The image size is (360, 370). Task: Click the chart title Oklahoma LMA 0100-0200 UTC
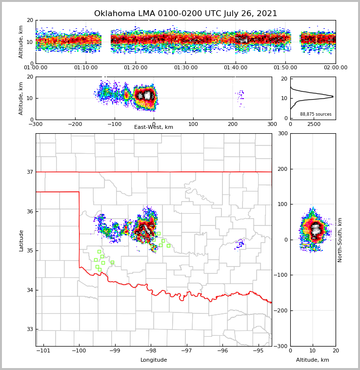click(x=185, y=14)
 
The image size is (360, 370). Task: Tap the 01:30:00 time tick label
click(x=185, y=68)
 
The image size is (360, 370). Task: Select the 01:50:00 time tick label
click(x=285, y=68)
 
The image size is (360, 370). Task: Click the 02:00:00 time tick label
click(x=335, y=68)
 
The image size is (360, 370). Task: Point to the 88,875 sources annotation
click(x=316, y=114)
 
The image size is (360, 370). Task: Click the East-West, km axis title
click(x=154, y=127)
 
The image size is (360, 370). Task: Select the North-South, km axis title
click(x=340, y=240)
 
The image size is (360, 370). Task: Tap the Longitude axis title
click(x=154, y=360)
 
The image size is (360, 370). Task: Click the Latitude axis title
click(x=21, y=240)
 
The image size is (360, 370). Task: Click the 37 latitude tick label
click(x=29, y=172)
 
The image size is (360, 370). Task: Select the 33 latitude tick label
click(x=29, y=329)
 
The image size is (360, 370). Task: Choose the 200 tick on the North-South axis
click(x=281, y=169)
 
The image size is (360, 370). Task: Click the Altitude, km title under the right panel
click(x=313, y=360)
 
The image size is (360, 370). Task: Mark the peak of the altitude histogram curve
click(x=333, y=96)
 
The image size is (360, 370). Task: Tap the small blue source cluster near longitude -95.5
click(x=240, y=244)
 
